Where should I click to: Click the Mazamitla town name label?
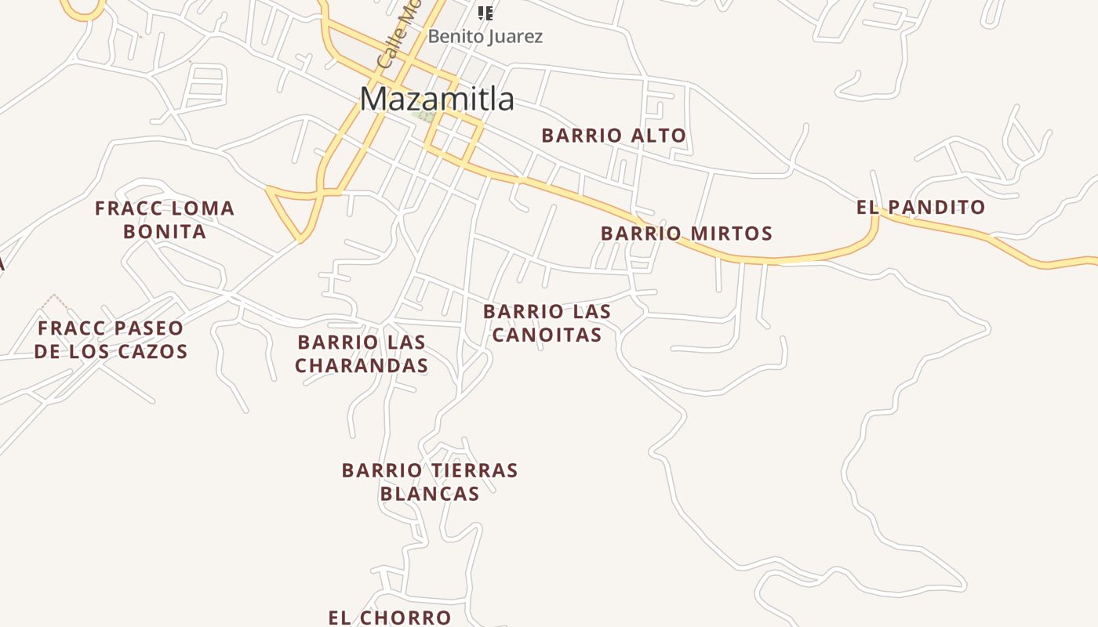click(437, 100)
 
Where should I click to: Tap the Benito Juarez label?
click(485, 36)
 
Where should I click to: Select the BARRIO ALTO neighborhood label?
click(613, 136)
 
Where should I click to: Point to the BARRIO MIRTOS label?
click(686, 234)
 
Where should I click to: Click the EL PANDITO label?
click(921, 208)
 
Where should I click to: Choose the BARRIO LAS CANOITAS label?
click(547, 323)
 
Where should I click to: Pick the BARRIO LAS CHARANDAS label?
click(362, 353)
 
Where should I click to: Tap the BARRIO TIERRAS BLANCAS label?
click(430, 481)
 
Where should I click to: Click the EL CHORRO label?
click(390, 618)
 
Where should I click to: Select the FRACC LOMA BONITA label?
click(165, 219)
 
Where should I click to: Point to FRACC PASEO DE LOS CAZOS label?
click(111, 339)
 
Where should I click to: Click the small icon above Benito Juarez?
click(485, 13)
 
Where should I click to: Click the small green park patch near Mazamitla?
click(424, 116)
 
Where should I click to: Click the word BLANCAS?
click(430, 494)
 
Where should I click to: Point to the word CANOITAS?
click(547, 335)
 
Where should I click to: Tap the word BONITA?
click(165, 232)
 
